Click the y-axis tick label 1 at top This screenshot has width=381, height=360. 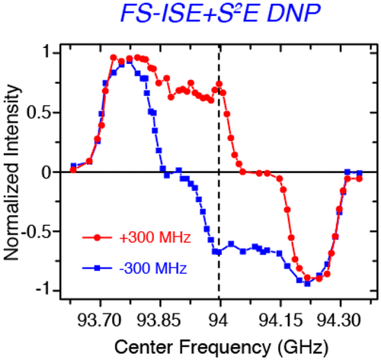coord(46,53)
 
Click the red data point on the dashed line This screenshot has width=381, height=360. coord(219,84)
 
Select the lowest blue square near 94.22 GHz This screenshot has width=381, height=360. coord(307,283)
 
